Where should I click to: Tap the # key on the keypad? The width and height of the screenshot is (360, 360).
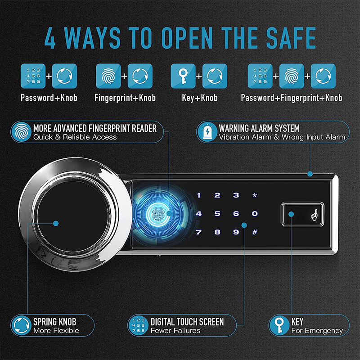(x=255, y=233)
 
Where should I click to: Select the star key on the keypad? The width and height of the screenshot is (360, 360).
(x=255, y=195)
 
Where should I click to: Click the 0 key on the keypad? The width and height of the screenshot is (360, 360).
(x=255, y=214)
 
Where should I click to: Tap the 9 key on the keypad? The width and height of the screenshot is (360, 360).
(x=236, y=233)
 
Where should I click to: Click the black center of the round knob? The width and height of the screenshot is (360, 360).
(x=55, y=223)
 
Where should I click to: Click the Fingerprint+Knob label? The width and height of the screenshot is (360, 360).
(x=125, y=98)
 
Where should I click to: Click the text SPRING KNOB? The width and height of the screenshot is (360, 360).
(x=54, y=322)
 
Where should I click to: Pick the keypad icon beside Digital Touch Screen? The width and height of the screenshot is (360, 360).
(x=138, y=326)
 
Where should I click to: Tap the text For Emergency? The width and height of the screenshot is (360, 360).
(x=317, y=331)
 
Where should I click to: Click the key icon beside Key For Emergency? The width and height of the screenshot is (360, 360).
(x=279, y=326)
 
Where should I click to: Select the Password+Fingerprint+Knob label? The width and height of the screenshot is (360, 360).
(x=292, y=98)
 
